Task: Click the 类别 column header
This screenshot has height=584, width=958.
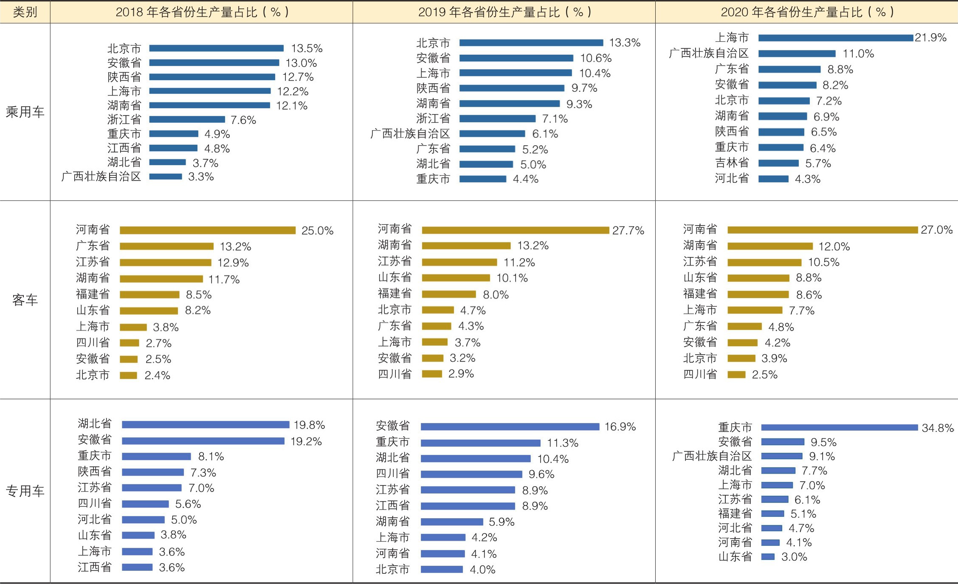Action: coord(25,12)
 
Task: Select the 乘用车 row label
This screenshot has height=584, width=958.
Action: coord(25,112)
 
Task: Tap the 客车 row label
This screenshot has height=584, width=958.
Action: coord(25,300)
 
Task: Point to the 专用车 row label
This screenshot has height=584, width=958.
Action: coord(25,491)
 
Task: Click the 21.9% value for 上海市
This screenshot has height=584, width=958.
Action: coord(930,38)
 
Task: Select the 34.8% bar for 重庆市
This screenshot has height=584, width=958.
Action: coord(839,427)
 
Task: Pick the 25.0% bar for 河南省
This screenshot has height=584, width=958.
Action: coord(207,230)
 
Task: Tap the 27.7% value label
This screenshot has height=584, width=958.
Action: coord(628,230)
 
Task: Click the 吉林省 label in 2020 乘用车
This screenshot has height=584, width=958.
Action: coord(732,163)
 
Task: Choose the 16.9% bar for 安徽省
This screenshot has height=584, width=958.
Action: coord(510,426)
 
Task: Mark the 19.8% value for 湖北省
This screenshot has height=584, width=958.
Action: coord(309,425)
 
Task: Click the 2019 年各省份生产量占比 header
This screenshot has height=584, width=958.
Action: coord(504,12)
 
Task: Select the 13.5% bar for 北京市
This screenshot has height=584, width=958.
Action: coord(216,48)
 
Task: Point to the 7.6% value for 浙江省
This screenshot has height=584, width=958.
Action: coord(243,120)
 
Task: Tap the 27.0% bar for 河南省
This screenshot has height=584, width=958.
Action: coord(823,230)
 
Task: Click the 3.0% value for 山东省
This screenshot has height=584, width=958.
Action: coord(794,557)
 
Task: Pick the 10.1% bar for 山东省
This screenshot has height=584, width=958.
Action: coord(456,278)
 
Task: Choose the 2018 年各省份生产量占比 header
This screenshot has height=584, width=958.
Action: coord(202,12)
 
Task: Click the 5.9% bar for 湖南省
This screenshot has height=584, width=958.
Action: coord(452,522)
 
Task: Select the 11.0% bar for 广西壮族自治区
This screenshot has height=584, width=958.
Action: coord(797,54)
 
